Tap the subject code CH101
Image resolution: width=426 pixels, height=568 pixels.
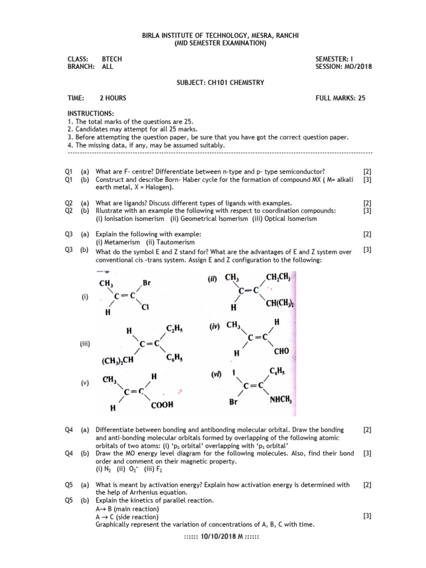point(217,83)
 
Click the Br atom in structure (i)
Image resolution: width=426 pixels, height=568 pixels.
point(147,283)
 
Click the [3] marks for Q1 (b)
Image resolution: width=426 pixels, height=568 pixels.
point(367,180)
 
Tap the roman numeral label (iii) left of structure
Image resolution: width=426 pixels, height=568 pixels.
point(85,344)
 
